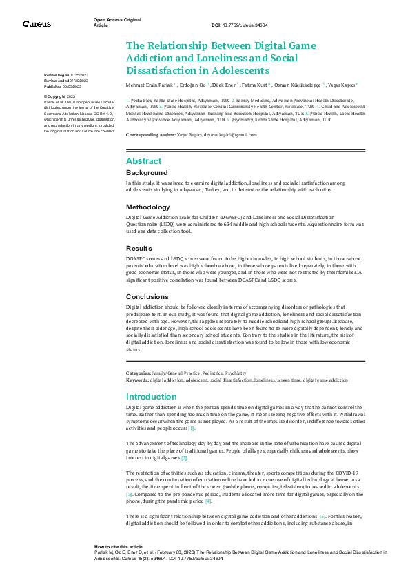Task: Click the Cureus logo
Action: click(x=36, y=24)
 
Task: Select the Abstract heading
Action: click(x=143, y=160)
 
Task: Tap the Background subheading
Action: click(x=147, y=172)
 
